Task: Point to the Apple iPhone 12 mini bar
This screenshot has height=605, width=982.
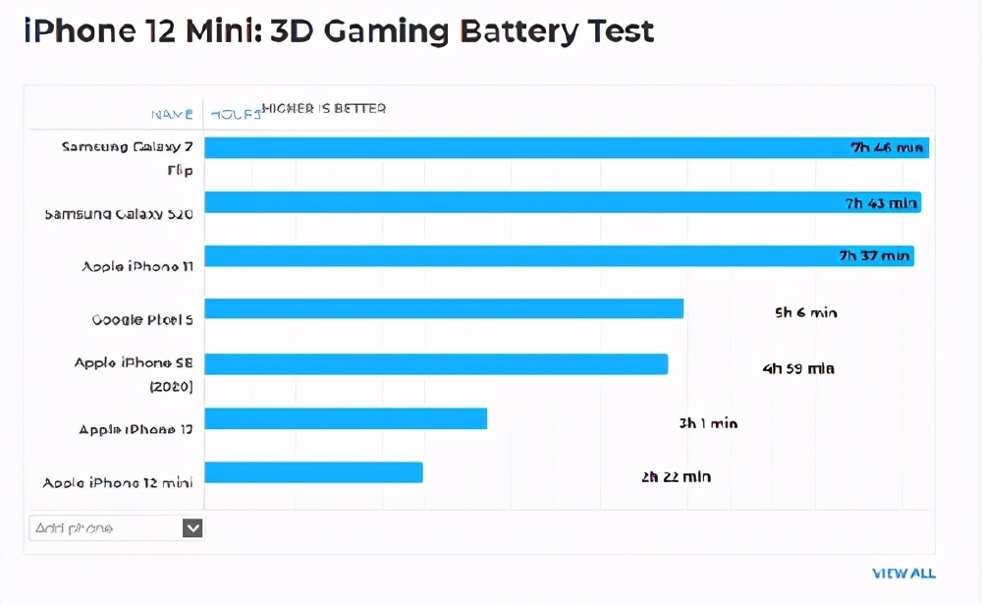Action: (313, 472)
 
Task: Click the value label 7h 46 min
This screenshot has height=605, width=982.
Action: (887, 148)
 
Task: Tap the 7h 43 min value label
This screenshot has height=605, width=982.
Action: (881, 203)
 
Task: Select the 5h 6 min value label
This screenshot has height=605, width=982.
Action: (805, 313)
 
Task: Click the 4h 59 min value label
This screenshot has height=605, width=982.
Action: (797, 369)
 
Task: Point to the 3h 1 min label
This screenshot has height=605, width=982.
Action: (707, 424)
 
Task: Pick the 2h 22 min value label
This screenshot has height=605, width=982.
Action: (676, 477)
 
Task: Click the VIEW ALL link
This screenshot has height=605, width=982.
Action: (903, 574)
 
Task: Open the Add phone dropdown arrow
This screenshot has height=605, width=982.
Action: (192, 528)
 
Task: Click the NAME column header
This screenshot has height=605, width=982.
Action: (172, 114)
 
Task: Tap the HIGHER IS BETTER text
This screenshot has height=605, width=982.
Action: (323, 108)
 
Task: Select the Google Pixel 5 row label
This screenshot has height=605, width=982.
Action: (142, 320)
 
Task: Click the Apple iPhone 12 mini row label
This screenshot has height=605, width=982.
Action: (118, 483)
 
